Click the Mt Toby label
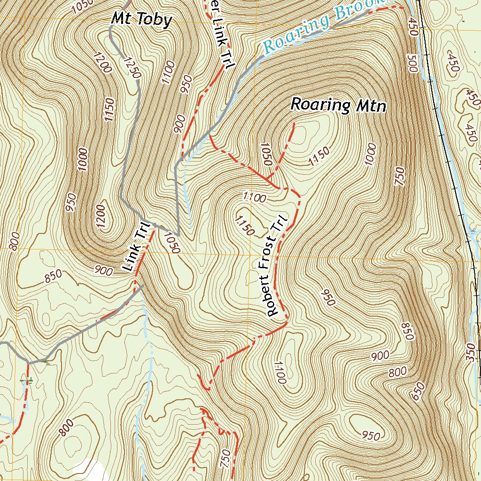pyautogui.click(x=141, y=20)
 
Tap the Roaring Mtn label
pyautogui.click(x=338, y=105)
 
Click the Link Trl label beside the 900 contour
pyautogui.click(x=135, y=246)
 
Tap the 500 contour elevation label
pyautogui.click(x=413, y=63)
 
